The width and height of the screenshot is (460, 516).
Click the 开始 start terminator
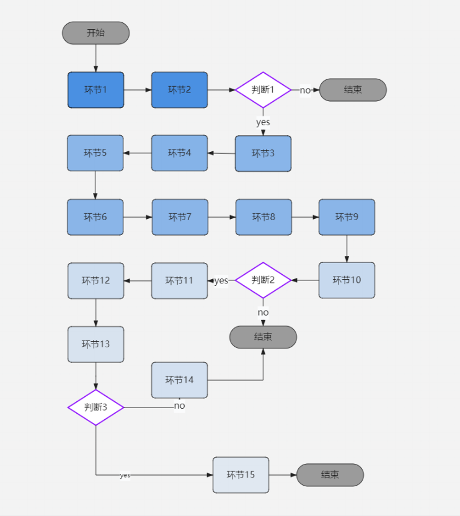click(x=95, y=33)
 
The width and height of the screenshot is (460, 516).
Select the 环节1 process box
click(x=95, y=90)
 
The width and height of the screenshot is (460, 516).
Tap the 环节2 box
click(x=179, y=90)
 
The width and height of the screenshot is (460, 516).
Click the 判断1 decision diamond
click(x=263, y=90)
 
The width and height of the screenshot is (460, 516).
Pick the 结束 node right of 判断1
click(x=353, y=90)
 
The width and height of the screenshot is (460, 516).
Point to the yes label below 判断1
click(x=263, y=122)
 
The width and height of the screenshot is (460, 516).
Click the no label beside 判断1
click(x=305, y=91)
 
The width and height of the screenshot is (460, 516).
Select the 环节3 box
click(x=263, y=153)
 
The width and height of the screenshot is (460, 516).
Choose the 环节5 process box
click(x=95, y=153)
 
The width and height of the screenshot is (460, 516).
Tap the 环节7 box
click(x=180, y=217)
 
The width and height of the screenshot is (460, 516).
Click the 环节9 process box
click(x=347, y=217)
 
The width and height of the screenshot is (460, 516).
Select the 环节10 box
click(x=347, y=280)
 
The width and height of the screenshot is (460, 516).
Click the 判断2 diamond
click(x=263, y=280)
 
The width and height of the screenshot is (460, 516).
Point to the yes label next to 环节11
click(x=221, y=281)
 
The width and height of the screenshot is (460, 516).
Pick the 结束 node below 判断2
click(x=263, y=337)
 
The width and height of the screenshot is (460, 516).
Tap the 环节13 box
click(x=95, y=344)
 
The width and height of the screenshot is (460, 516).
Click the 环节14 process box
click(x=179, y=380)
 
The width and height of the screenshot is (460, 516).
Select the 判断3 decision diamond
click(x=95, y=407)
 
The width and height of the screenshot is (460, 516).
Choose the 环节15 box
click(x=241, y=475)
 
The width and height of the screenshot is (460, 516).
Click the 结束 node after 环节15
click(x=330, y=475)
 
